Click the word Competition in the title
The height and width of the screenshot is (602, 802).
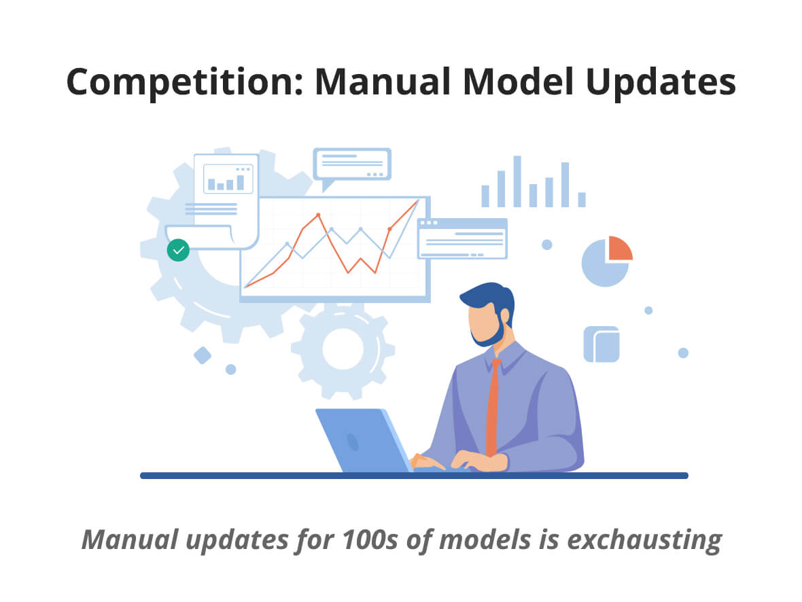pyautogui.click(x=185, y=82)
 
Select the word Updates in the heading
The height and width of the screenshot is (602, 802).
pyautogui.click(x=661, y=82)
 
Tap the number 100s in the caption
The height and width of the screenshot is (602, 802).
pyautogui.click(x=369, y=539)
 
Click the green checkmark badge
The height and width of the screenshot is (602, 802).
pyautogui.click(x=178, y=250)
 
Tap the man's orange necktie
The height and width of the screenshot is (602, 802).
pyautogui.click(x=493, y=406)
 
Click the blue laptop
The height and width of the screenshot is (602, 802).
pyautogui.click(x=364, y=440)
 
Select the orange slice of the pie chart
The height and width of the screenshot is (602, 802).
pyautogui.click(x=620, y=249)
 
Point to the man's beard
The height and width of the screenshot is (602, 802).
pyautogui.click(x=491, y=332)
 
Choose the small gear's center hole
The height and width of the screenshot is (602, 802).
pyautogui.click(x=343, y=349)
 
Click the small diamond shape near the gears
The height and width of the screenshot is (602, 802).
pyautogui.click(x=203, y=355)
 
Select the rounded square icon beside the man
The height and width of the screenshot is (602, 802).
pyautogui.click(x=601, y=344)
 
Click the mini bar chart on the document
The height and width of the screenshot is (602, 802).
pyautogui.click(x=228, y=179)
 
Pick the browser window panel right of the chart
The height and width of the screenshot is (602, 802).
pyautogui.click(x=462, y=239)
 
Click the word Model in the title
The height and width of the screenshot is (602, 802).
pyautogui.click(x=519, y=82)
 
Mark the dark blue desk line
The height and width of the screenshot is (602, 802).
pyautogui.click(x=415, y=476)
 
